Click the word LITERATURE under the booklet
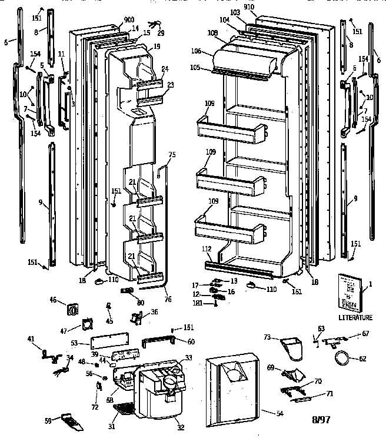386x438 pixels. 355,317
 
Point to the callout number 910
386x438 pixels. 249,7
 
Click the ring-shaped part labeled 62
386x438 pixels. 341,357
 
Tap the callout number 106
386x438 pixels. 198,51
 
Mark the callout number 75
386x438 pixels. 172,155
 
